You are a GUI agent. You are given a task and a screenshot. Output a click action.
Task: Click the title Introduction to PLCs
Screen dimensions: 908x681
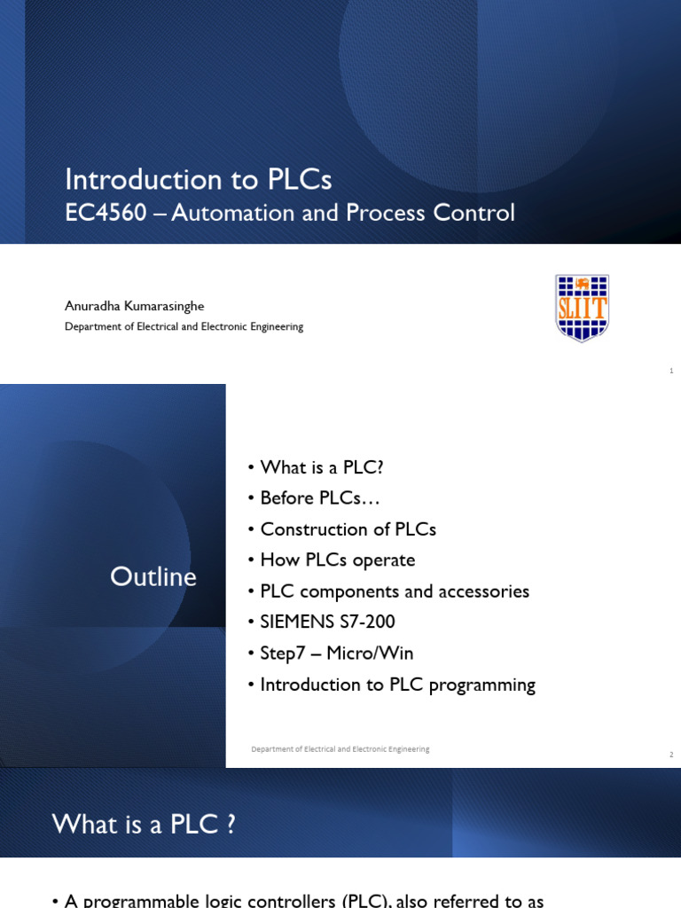pos(198,180)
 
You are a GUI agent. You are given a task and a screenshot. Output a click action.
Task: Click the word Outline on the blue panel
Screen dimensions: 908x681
pos(153,577)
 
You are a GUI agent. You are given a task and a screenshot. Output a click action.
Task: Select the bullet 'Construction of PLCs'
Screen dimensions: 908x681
pos(348,529)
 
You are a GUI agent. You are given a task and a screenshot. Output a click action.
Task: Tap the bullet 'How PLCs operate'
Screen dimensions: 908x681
pos(337,560)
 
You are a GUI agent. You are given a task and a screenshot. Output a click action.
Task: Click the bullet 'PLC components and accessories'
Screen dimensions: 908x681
pos(395,591)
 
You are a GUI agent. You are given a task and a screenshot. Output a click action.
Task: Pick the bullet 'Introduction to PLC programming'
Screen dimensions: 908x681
pos(397,685)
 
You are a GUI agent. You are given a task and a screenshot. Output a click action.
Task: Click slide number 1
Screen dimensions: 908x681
pos(671,371)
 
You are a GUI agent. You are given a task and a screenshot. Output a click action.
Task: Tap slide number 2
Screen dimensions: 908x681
pos(671,755)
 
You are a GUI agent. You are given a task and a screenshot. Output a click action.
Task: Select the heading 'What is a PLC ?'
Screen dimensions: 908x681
pos(144,825)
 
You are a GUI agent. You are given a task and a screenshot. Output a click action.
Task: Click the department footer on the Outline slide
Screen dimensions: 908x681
pos(340,749)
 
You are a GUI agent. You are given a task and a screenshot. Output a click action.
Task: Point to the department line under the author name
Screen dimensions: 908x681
pos(184,327)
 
